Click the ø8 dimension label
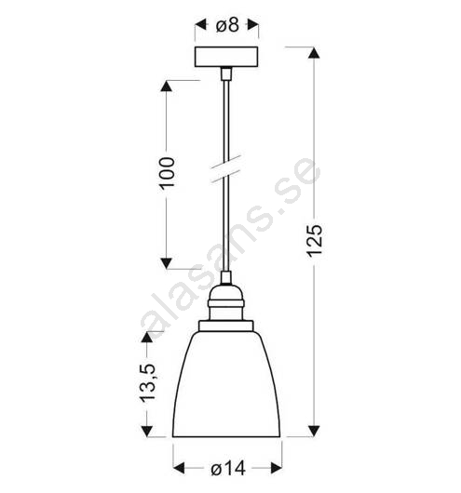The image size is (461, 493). (227, 25)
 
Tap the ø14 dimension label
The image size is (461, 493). (228, 469)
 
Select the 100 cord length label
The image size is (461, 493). (167, 173)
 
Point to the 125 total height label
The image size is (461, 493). (315, 240)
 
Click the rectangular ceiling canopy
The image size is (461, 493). (226, 57)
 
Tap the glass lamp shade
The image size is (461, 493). (226, 384)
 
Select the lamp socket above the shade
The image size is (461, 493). (225, 302)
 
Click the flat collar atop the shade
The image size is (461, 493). (225, 326)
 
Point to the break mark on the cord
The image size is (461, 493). (225, 169)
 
